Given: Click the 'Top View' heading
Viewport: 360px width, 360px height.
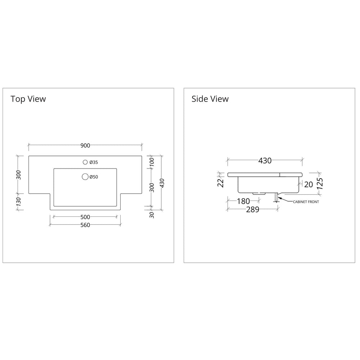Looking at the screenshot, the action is click(28, 99).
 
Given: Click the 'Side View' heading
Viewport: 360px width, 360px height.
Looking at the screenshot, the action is click(210, 99).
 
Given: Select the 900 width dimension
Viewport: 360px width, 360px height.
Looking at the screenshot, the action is click(85, 145).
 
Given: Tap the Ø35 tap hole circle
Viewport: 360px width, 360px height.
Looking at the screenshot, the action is click(85, 162).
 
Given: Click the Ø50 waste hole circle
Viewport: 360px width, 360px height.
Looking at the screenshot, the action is click(85, 176).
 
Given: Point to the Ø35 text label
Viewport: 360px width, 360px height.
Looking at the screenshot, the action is click(94, 162).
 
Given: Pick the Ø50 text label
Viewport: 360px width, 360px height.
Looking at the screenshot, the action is click(94, 177).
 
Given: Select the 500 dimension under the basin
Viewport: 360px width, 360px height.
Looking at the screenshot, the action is click(85, 217).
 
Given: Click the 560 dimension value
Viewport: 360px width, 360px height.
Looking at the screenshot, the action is click(85, 225).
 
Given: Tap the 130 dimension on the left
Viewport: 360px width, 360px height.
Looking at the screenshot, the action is click(19, 202).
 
